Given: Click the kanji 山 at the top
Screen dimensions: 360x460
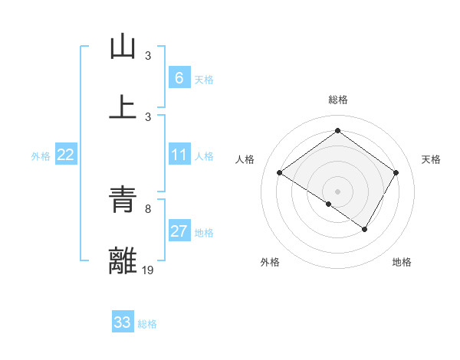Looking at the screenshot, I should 123,47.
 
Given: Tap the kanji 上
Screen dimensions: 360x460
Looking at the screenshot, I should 123,106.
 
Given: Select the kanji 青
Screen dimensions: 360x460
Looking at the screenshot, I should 123,201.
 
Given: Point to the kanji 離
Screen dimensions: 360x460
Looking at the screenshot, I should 123,260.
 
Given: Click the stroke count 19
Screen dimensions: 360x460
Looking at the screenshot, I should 149,270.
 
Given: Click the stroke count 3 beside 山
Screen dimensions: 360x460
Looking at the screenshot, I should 148,56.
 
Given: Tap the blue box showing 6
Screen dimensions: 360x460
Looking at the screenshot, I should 179,77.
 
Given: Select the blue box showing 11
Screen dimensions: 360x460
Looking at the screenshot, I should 179,155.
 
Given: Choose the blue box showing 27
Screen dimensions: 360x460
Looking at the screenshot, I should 179,231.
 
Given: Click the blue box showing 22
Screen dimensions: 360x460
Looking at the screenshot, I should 66,155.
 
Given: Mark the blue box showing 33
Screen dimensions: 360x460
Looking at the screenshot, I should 123,322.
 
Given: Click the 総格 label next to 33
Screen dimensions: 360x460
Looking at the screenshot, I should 148,324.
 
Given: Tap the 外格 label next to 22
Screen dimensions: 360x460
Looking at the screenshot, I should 41,156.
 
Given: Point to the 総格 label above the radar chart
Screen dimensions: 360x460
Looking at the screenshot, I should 338,100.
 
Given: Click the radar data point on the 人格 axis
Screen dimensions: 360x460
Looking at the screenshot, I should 280,173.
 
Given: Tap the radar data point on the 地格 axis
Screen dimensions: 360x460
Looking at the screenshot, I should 365,229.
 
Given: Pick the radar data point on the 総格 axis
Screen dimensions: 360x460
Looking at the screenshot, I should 337,131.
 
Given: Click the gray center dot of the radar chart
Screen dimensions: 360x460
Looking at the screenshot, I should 337,191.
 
